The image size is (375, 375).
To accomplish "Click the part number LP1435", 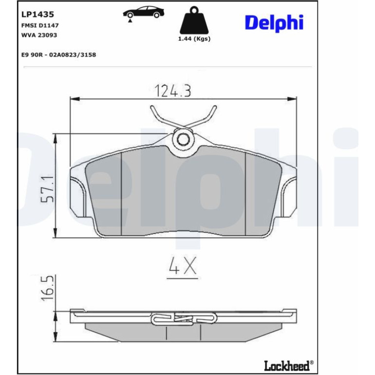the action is point(37,14).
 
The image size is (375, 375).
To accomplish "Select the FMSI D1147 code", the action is point(40,25).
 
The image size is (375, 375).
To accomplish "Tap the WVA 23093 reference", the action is point(39,35).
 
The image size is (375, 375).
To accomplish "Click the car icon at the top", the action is point(144,13).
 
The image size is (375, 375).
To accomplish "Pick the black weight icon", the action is point(194,20).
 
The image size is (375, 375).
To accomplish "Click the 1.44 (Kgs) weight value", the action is point(194,39).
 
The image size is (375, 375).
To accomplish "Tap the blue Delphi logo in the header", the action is point(274,23).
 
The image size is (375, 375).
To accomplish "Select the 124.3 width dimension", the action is point(173,91).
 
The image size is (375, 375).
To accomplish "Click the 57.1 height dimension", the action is point(47,189).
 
